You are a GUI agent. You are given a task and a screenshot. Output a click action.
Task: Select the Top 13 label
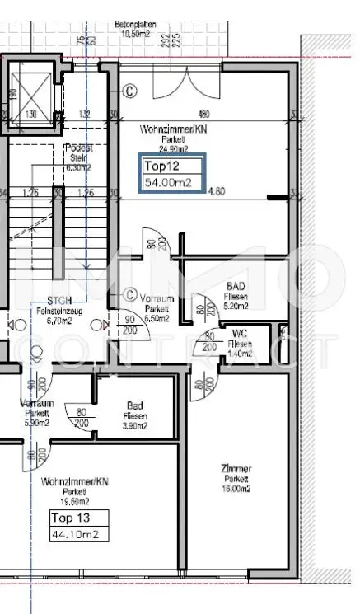pyautogui.click(x=79, y=518)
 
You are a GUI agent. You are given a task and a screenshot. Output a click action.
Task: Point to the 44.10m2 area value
pyautogui.click(x=79, y=534)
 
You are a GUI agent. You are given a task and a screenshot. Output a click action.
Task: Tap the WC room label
pyautogui.click(x=241, y=343)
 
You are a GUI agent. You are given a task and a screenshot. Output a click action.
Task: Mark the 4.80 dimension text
pyautogui.click(x=216, y=192)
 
